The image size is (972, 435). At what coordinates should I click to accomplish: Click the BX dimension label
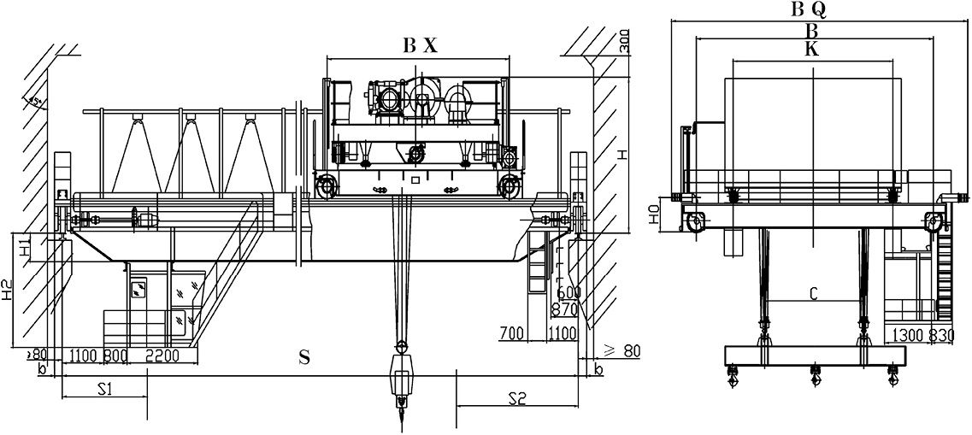420,48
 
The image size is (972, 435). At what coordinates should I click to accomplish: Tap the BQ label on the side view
808,9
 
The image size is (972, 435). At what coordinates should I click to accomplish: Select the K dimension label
811,50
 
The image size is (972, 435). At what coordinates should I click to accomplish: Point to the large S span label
303,358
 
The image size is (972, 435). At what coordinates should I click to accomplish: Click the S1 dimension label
104,389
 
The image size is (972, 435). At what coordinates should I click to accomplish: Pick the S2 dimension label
516,397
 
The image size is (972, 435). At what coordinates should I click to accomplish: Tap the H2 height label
9,293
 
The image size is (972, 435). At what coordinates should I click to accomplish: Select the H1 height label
26,249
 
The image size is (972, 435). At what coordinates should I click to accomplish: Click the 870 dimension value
565,310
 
